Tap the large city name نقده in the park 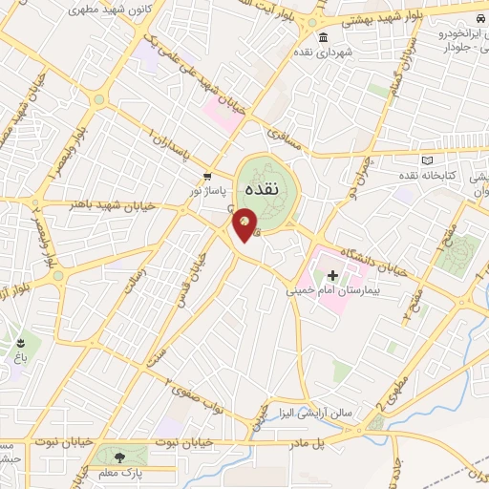coord(262,189)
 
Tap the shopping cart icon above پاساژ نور coord(206,176)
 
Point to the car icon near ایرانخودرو coord(478,21)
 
